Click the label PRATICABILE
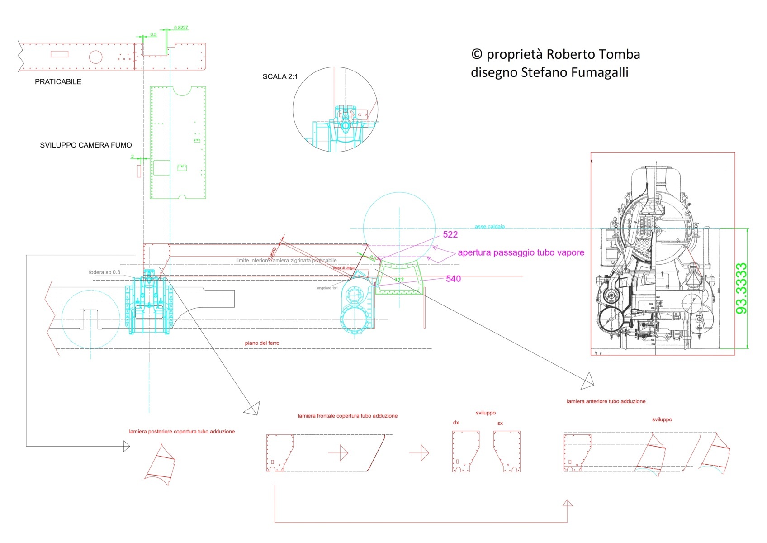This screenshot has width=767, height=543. [x=58, y=82]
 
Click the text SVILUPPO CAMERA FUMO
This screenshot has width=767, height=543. [x=86, y=145]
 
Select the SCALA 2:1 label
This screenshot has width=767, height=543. [x=280, y=76]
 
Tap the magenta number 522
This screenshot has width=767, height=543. [x=450, y=234]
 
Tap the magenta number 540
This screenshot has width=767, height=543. [x=453, y=279]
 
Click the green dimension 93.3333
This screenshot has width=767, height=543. [x=741, y=289]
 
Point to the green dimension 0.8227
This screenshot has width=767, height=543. [x=181, y=28]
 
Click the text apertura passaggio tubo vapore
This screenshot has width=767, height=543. [x=521, y=252]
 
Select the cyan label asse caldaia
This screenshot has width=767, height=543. [x=490, y=226]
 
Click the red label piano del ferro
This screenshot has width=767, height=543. [x=262, y=343]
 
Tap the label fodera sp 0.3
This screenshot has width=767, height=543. [x=104, y=272]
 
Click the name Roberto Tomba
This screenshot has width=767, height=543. [x=593, y=54]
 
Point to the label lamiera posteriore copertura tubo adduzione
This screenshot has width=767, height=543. [x=182, y=432]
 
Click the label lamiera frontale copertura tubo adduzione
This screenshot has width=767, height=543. [x=347, y=416]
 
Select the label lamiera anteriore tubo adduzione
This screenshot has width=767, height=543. [x=606, y=401]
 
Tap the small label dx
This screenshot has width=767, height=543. [x=456, y=423]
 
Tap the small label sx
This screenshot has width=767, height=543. [x=500, y=424]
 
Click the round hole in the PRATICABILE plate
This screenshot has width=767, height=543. [x=95, y=57]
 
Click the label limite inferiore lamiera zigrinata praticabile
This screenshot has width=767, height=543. [x=286, y=261]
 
